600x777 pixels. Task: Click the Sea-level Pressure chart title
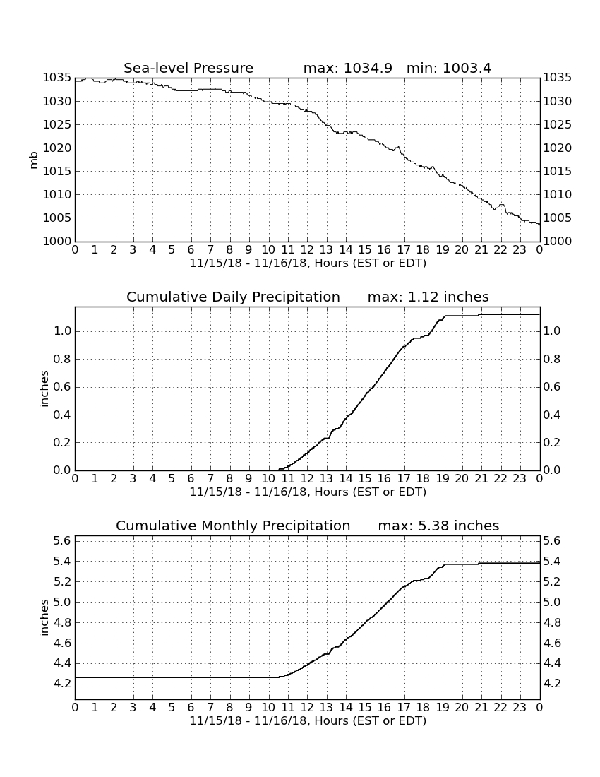(188, 68)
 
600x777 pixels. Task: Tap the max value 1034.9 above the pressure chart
(367, 68)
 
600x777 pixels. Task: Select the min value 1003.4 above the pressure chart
(467, 68)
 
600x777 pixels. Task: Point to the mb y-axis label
(34, 160)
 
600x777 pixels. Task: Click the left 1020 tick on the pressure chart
(57, 148)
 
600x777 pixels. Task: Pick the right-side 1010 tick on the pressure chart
(558, 195)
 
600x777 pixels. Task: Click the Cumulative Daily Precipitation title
(233, 297)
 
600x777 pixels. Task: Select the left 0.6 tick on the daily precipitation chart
(62, 387)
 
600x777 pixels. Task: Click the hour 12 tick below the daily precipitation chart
(307, 479)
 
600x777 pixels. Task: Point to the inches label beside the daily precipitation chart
(44, 389)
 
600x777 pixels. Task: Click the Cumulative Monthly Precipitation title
(233, 526)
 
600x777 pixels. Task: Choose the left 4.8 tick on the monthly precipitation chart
(62, 622)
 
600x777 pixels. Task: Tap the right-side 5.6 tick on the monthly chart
(552, 540)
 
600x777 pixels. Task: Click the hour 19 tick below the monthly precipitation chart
(443, 708)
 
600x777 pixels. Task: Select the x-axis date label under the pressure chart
(308, 263)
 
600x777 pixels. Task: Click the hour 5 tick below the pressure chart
(172, 250)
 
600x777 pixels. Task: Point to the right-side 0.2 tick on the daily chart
(552, 442)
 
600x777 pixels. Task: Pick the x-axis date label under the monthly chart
(308, 721)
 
